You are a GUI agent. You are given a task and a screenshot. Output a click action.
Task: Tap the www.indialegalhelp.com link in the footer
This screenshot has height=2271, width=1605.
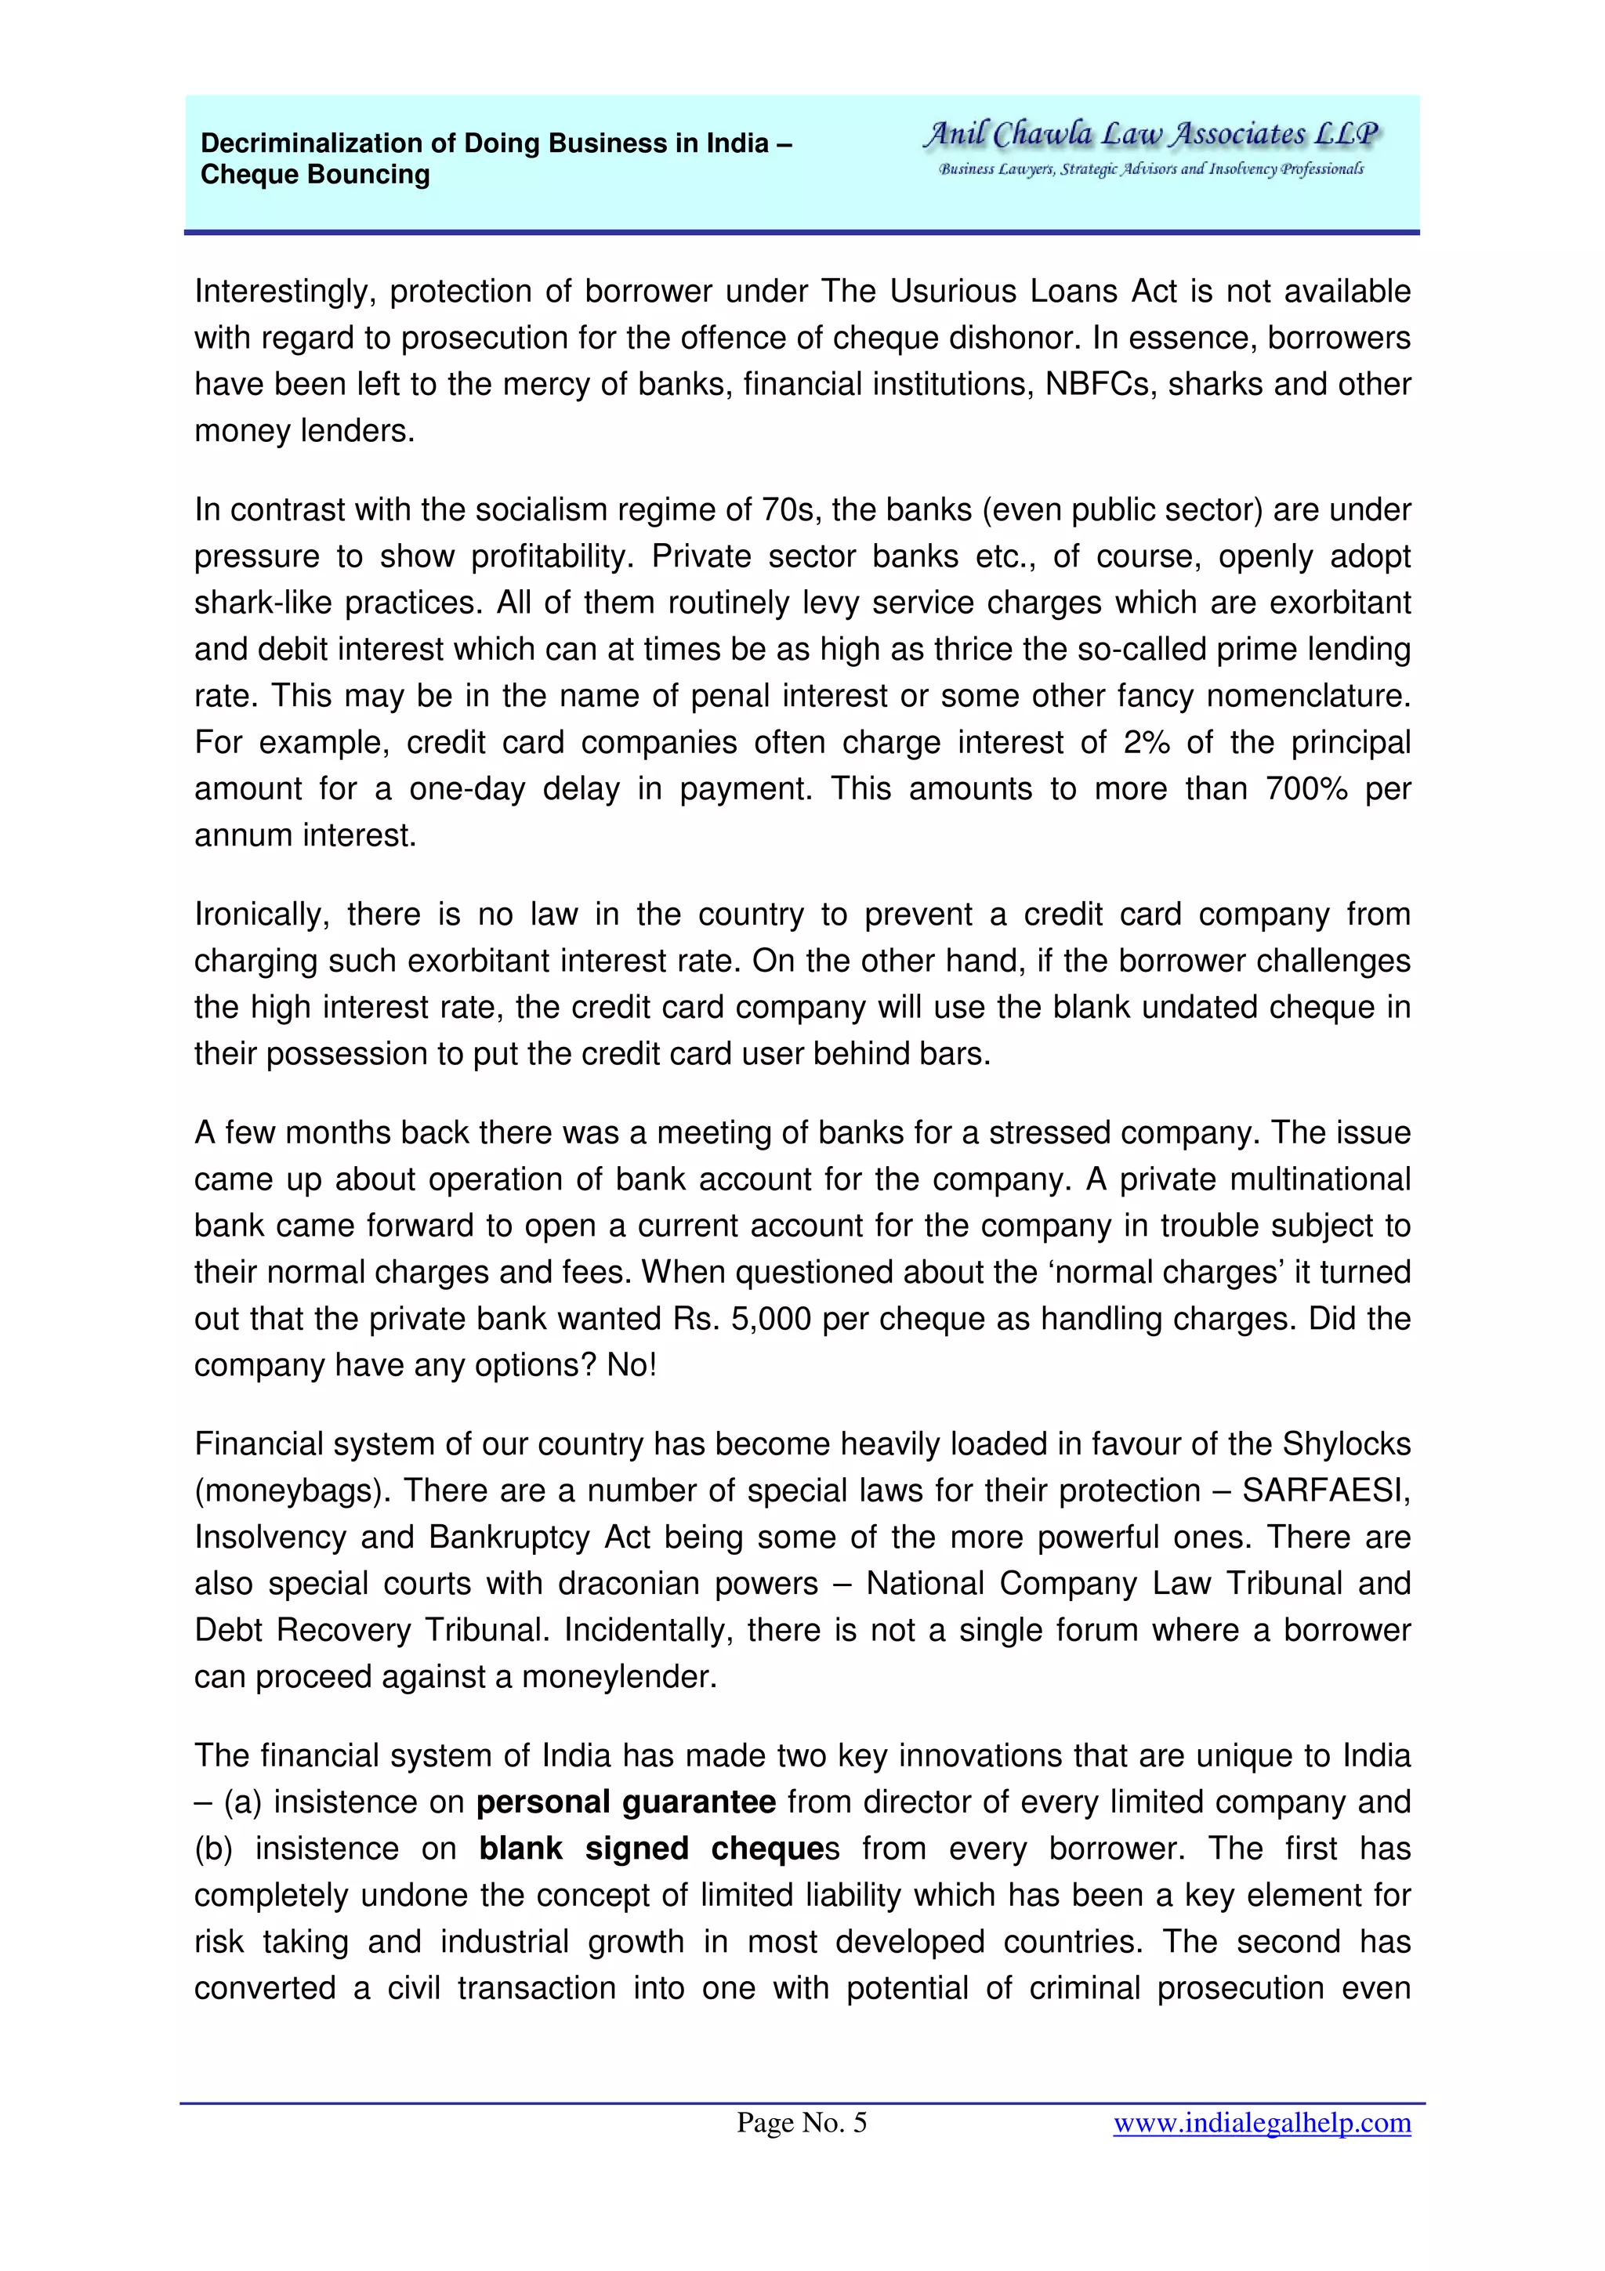coord(1261,2123)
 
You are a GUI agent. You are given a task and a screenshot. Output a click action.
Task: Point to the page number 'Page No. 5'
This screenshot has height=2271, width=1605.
coord(801,2123)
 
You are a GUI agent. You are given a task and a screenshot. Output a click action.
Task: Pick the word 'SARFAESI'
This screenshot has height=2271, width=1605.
coord(1325,1490)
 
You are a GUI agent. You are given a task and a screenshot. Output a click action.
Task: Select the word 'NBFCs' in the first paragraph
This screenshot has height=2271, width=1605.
coord(1100,384)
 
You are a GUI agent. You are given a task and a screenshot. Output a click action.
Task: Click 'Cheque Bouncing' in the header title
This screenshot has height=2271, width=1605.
coord(314,175)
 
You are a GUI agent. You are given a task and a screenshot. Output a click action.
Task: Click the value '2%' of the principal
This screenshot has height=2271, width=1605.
coord(1146,742)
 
